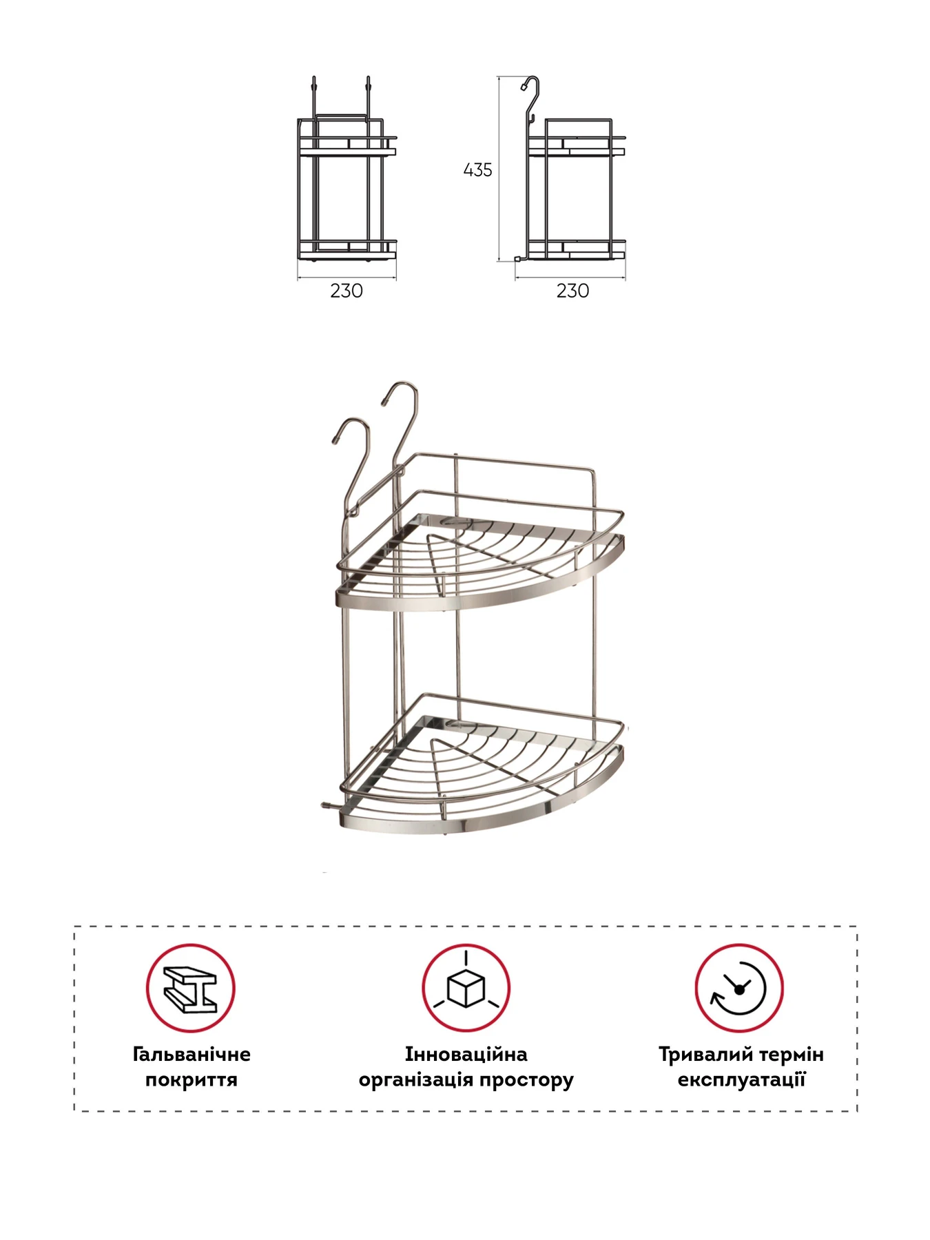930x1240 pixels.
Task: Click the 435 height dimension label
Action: tap(477, 170)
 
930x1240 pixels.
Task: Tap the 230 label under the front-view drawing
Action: tap(347, 291)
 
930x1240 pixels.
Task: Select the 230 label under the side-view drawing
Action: tap(572, 291)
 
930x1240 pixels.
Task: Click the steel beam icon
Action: tap(190, 988)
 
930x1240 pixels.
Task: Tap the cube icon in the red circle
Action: tap(466, 988)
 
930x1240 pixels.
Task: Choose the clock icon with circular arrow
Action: tap(739, 988)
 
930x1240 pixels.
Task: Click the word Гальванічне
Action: tap(192, 1054)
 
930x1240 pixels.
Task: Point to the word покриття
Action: tap(192, 1079)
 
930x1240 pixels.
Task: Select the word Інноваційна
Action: tap(466, 1054)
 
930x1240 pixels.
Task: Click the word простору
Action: tap(526, 1080)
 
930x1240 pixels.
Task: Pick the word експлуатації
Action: tap(741, 1079)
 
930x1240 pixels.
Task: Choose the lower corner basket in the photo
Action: tap(482, 765)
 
